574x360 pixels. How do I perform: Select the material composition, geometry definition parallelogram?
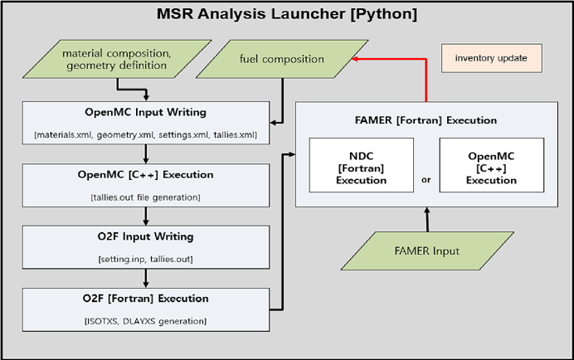[x=117, y=59]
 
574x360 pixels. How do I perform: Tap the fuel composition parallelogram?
[x=282, y=59]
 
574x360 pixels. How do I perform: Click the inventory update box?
[x=492, y=58]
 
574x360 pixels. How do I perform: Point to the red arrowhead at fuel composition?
[x=354, y=59]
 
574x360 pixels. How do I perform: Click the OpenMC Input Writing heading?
[x=146, y=112]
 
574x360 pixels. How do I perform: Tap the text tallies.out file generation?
[x=146, y=197]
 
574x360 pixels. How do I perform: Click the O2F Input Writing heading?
[x=146, y=236]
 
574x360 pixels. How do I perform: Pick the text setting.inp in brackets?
[x=124, y=260]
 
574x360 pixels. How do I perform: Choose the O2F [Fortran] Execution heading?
[x=146, y=299]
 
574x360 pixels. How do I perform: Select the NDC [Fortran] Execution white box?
[x=362, y=165]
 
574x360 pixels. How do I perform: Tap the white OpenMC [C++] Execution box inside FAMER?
[x=492, y=165]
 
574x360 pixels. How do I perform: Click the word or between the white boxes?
[x=426, y=180]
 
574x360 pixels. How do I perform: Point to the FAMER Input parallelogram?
[x=427, y=251]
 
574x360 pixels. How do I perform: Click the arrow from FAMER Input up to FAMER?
[x=427, y=219]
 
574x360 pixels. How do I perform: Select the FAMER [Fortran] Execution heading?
[x=426, y=120]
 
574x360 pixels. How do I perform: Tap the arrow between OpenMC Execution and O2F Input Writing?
[x=146, y=216]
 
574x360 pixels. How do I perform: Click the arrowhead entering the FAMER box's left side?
[x=292, y=154]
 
